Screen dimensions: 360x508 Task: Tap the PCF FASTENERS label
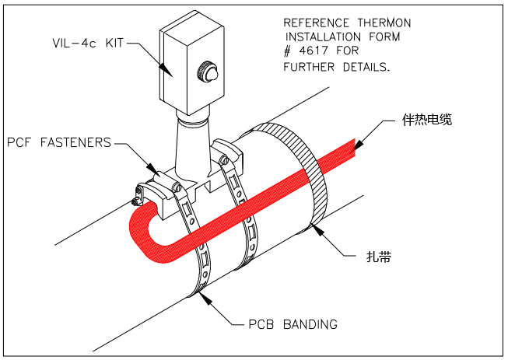click(x=59, y=143)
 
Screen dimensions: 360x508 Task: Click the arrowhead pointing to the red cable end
click(x=359, y=144)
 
